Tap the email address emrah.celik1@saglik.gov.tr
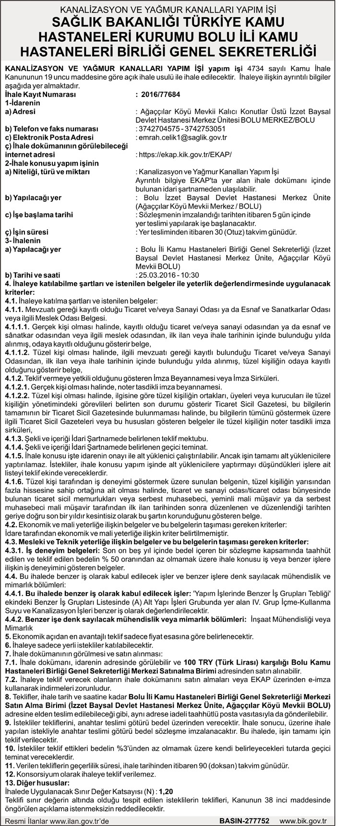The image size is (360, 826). coord(183,137)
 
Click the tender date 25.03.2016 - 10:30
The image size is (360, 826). coord(168,275)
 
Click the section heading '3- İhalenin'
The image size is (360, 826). coord(23,240)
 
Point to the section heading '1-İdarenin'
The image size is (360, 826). coord(23,103)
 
